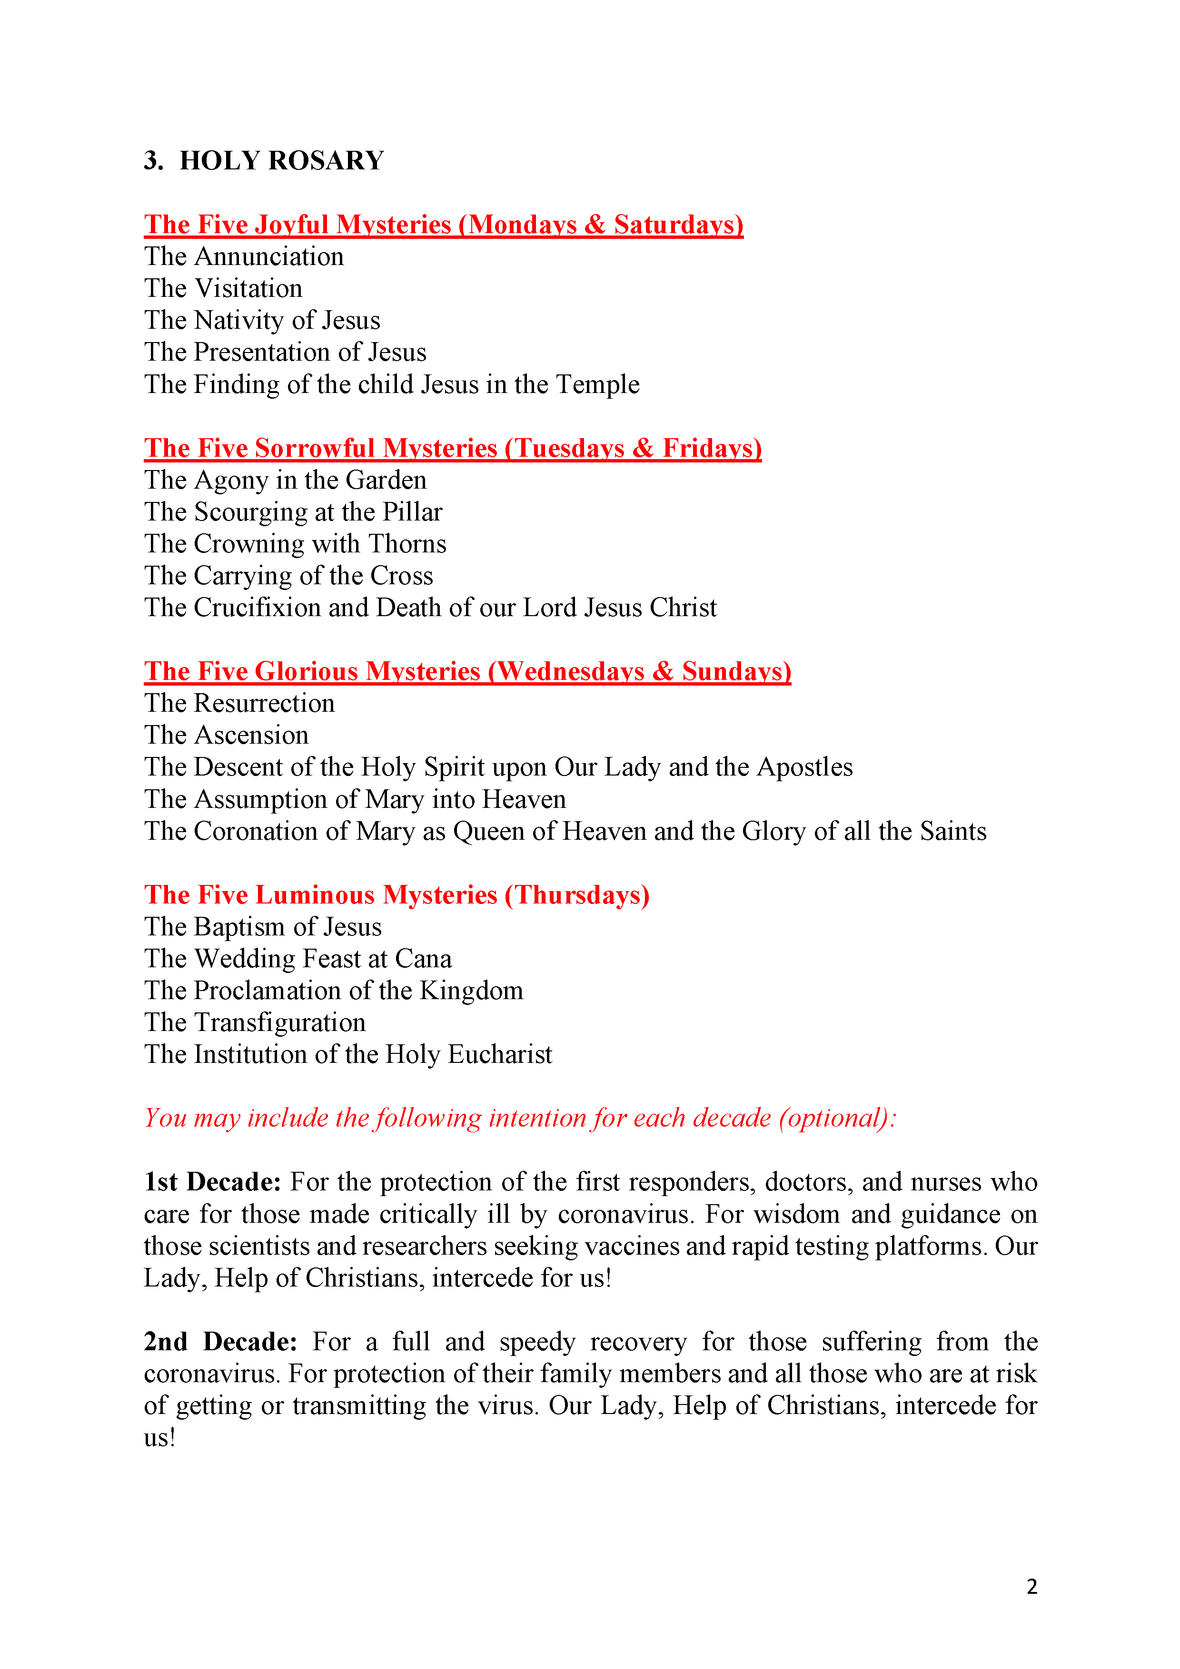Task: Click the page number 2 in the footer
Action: [x=1031, y=1586]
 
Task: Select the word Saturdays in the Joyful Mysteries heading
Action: [x=678, y=225]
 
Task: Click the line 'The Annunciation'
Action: [x=244, y=256]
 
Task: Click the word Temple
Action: [x=598, y=384]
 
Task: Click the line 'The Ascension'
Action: [x=226, y=736]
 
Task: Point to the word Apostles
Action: [x=805, y=767]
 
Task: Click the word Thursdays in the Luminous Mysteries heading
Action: [x=577, y=895]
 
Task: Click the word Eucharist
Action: [x=500, y=1055]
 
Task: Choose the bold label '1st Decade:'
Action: [x=212, y=1183]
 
